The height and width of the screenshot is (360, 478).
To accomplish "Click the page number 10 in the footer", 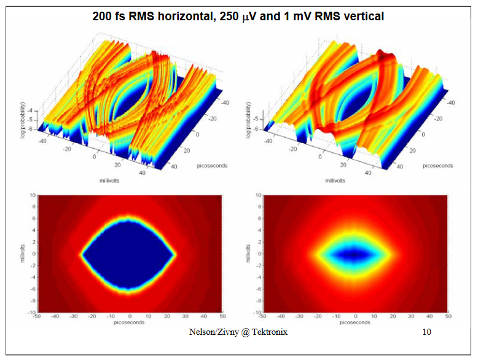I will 427,332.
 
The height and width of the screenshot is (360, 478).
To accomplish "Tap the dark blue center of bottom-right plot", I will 355,254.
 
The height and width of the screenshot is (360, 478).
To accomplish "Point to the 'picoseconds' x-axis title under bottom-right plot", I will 355,321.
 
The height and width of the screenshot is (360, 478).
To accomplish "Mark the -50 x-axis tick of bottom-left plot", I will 38,317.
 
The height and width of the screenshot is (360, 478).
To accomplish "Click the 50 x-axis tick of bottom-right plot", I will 449,317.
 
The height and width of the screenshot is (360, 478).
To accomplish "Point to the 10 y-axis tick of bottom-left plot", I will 33,195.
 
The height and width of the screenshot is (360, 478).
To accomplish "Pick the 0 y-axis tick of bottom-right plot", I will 260,254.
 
